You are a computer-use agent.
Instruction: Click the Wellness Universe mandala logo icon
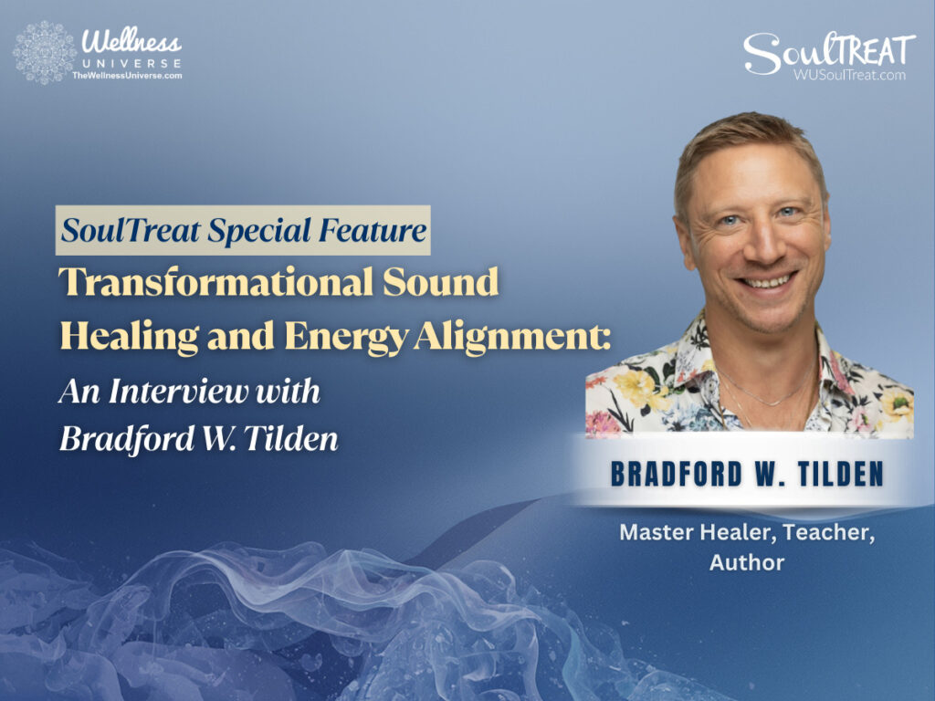44,52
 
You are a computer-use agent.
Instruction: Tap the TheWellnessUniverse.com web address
127,76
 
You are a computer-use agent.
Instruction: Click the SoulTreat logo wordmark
828,51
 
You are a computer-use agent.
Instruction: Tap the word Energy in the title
338,336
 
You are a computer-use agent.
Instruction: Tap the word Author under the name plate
746,562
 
